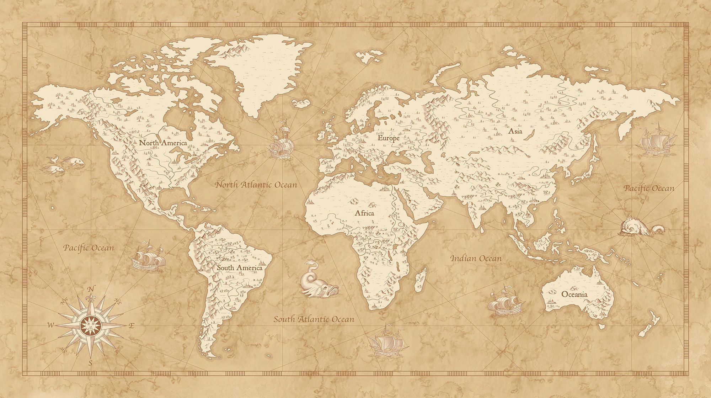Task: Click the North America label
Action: click(163, 143)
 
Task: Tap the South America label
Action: click(240, 268)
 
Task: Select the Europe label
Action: click(389, 138)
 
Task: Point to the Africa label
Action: click(364, 213)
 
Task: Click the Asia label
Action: click(515, 131)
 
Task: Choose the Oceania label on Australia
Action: click(574, 294)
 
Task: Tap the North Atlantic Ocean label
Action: click(256, 185)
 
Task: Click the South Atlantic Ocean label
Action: click(314, 319)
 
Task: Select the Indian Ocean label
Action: click(476, 259)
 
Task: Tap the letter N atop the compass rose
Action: click(91, 289)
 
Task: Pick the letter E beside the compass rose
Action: click(131, 325)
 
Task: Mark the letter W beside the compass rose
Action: click(51, 325)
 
